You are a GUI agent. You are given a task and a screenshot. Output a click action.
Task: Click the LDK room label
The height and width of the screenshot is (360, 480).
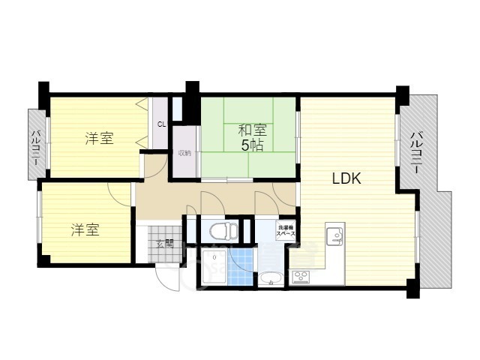point(347,178)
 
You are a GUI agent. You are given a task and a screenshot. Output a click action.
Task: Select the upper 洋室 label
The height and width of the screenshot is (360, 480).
point(98,138)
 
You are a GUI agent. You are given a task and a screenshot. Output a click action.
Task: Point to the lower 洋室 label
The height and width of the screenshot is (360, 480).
point(85,229)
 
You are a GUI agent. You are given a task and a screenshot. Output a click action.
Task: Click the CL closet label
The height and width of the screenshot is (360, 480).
point(161,124)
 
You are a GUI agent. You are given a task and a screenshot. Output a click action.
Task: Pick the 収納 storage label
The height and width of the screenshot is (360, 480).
point(184,153)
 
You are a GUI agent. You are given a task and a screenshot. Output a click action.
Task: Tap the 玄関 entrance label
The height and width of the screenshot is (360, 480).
point(166,243)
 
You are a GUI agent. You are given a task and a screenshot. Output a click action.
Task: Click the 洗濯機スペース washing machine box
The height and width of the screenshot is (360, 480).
point(286,231)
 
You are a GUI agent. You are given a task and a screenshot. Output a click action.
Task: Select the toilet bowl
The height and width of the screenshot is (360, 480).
point(218,229)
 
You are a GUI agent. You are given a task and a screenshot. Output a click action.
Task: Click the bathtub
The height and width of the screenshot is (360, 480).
point(212,273)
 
